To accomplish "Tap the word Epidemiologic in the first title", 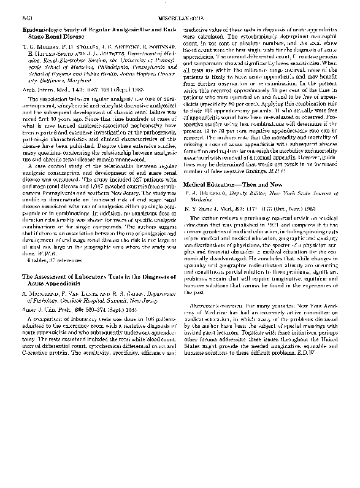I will coord(46,28).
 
